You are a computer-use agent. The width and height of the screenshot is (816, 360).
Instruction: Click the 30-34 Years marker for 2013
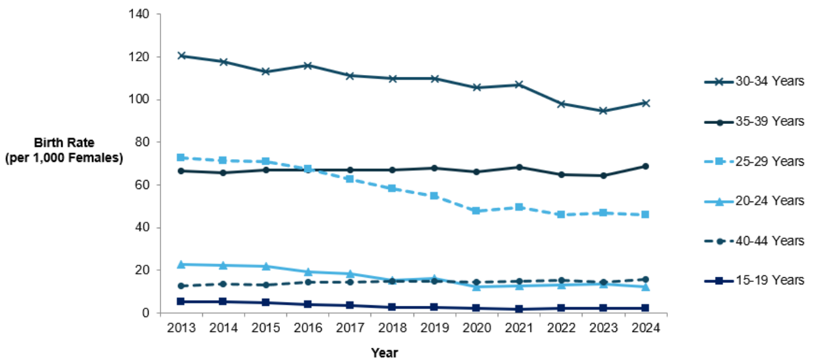[x=181, y=55]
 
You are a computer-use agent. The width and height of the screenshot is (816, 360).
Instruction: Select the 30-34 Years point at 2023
[x=603, y=110]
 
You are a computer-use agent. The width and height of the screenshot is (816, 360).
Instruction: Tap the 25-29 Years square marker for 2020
[x=476, y=211]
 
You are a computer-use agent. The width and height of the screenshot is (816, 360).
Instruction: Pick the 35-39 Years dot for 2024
[x=645, y=166]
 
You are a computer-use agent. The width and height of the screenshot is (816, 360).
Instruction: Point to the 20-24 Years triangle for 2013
[x=181, y=265]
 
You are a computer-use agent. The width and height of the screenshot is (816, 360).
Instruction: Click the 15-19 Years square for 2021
[x=519, y=309]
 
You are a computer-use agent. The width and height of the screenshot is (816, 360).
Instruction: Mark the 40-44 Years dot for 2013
[x=181, y=286]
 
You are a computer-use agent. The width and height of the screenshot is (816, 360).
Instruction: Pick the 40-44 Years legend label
[x=770, y=241]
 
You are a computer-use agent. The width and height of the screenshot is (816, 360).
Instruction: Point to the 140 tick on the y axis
[x=139, y=14]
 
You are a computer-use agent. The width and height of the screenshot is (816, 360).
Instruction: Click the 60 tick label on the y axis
[x=142, y=185]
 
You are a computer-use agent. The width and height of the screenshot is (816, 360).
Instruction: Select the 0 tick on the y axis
[x=145, y=312]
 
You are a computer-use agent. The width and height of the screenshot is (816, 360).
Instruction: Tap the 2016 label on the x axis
[x=308, y=328]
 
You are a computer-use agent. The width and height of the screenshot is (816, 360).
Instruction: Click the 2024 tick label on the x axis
[x=645, y=328]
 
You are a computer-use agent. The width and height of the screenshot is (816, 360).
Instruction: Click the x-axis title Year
[x=384, y=353]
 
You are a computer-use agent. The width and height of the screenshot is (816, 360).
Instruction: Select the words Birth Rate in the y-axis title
[x=64, y=142]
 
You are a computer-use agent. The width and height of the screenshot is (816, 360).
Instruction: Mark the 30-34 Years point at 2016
[x=308, y=66]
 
